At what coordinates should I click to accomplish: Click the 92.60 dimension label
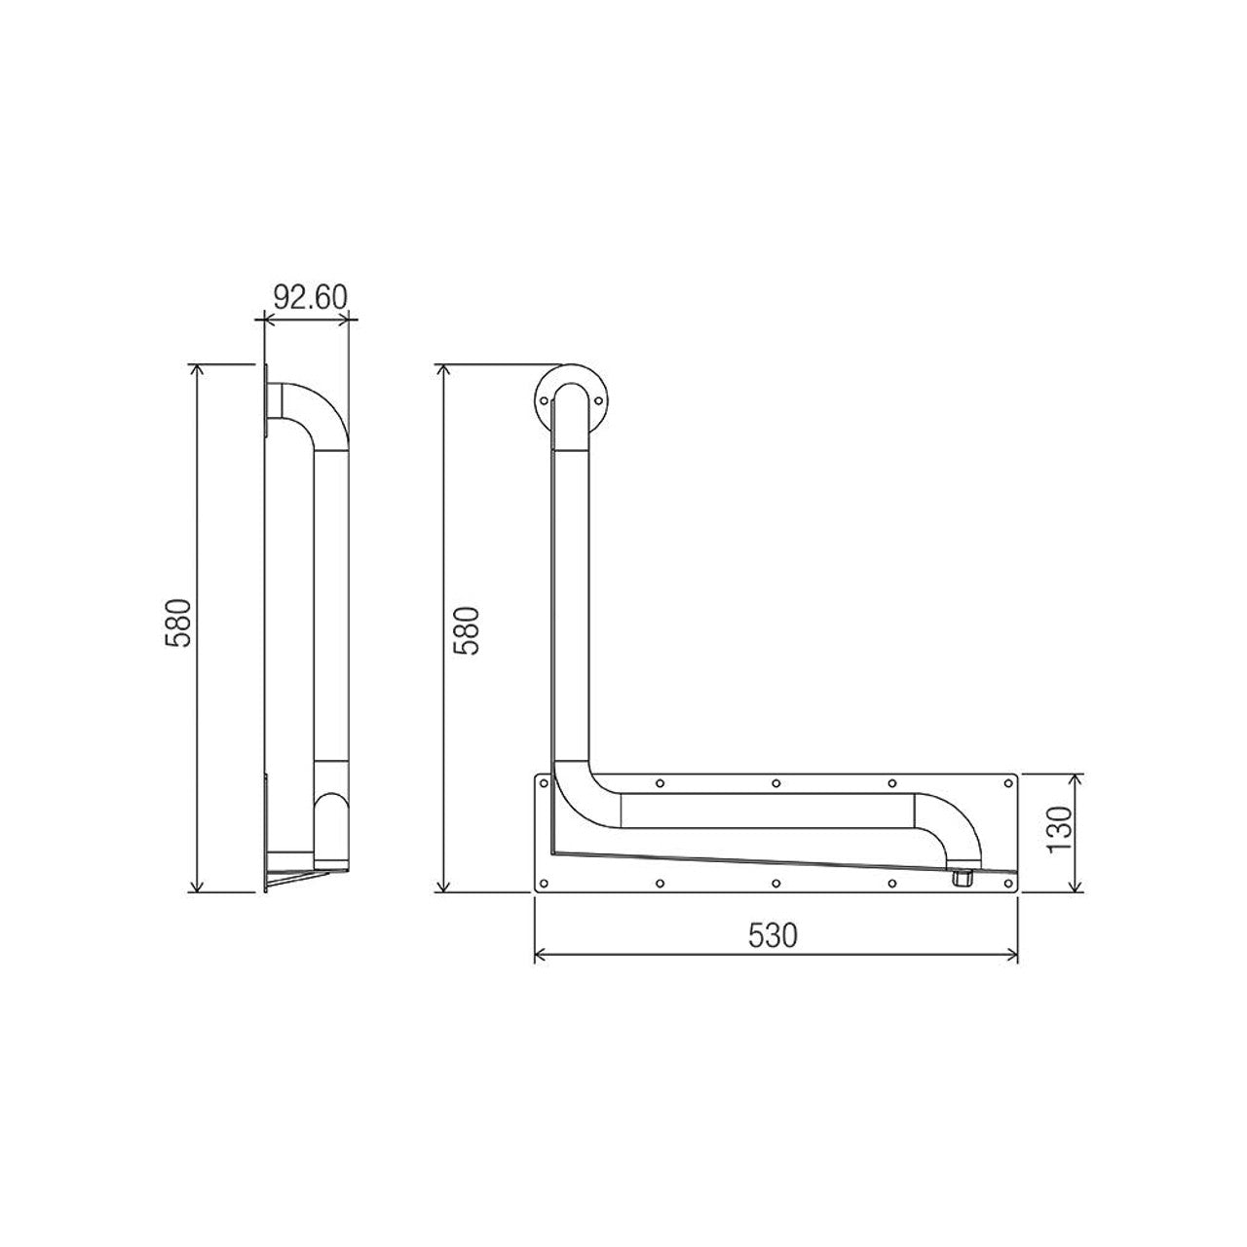[x=311, y=297]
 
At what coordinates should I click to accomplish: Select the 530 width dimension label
[x=774, y=935]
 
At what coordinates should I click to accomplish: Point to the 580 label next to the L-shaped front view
[x=466, y=631]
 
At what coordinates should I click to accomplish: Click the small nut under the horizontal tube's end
[x=962, y=878]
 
